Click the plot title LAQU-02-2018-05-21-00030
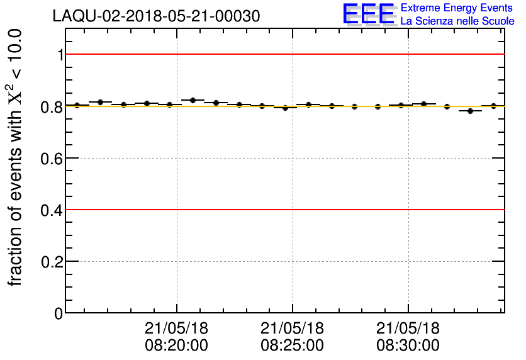156,16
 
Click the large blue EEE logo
369,14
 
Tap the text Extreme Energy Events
457,8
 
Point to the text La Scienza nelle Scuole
457,21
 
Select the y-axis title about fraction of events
16,157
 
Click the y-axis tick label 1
60,55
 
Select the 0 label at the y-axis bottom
59,313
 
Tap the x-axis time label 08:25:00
292,346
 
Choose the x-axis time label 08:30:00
408,346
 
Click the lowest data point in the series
470,111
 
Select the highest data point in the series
193,100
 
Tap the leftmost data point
77,105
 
